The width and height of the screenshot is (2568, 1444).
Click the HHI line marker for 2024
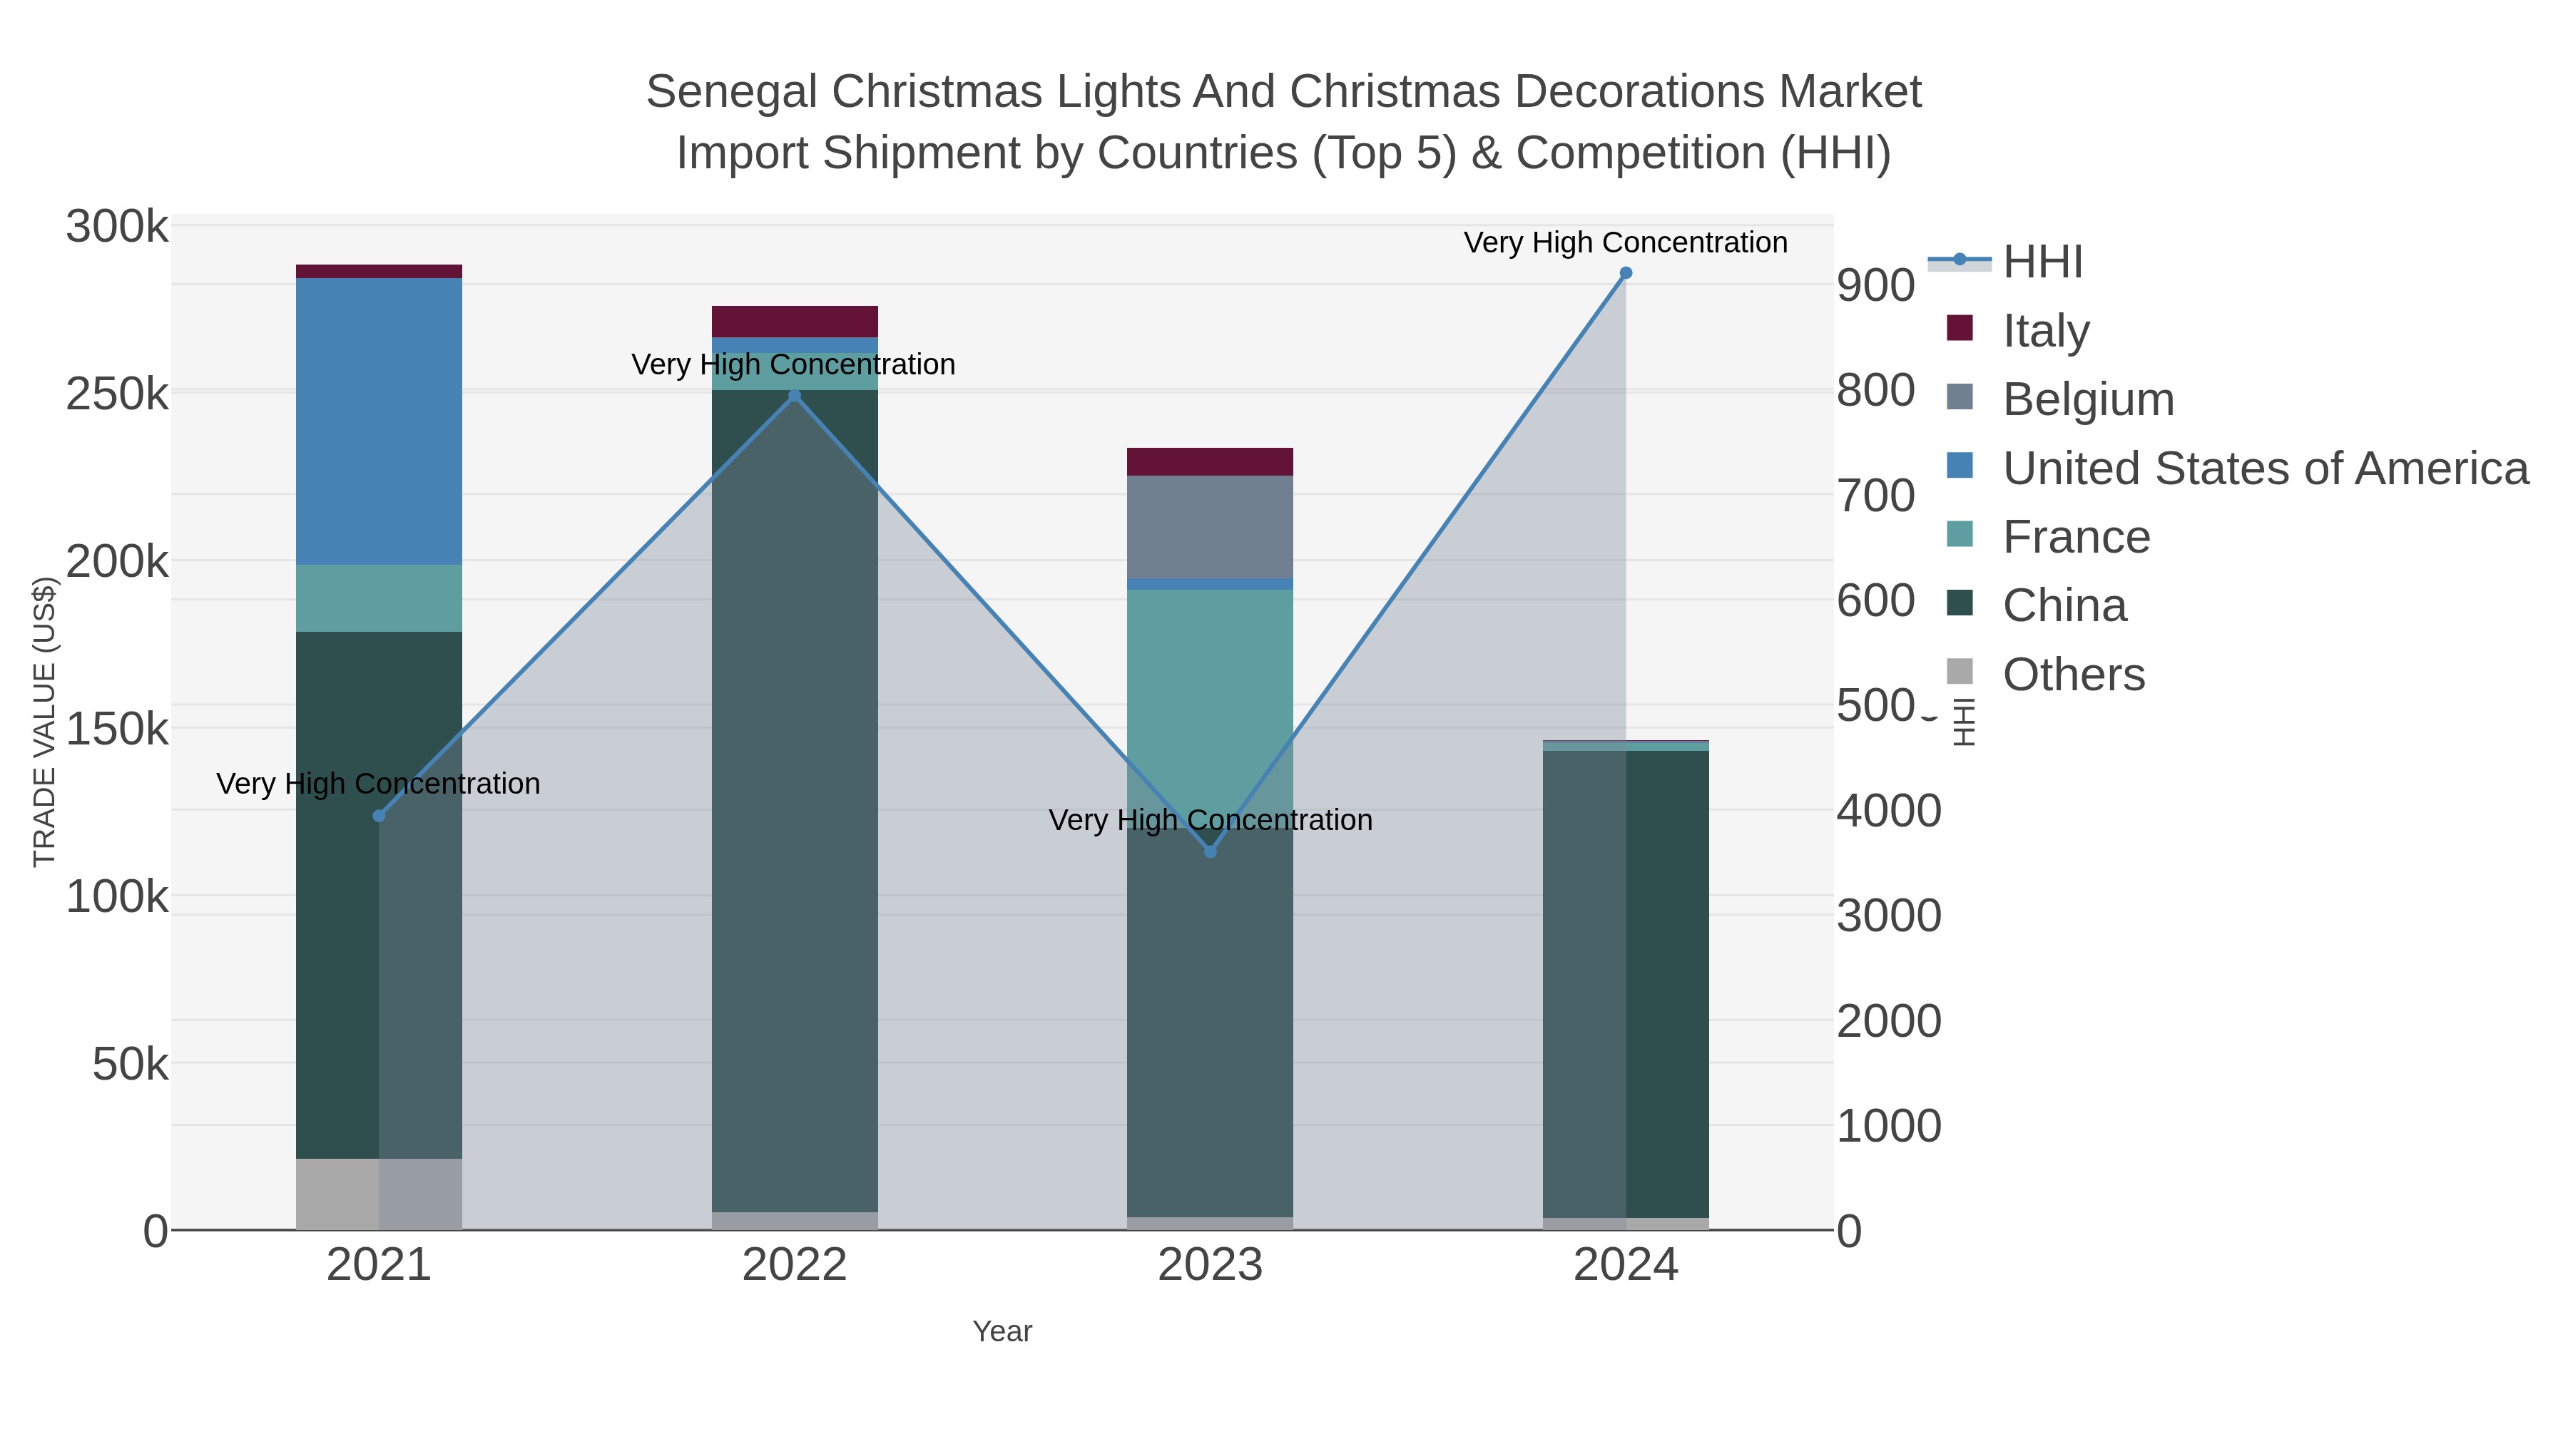pyautogui.click(x=1626, y=273)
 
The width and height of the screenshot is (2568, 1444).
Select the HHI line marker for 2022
pyautogui.click(x=795, y=396)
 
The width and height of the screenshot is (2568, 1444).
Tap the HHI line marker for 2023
pyautogui.click(x=1211, y=851)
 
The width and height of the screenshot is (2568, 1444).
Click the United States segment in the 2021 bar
pyautogui.click(x=379, y=421)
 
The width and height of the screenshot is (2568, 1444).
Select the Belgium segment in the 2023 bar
pyautogui.click(x=1211, y=526)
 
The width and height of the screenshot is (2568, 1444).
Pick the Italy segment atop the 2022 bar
pyautogui.click(x=795, y=321)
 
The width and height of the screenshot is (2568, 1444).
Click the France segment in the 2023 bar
pyautogui.click(x=1211, y=677)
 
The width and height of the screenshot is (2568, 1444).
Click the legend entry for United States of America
pyautogui.click(x=2265, y=468)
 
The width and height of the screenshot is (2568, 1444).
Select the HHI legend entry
pyautogui.click(x=2042, y=262)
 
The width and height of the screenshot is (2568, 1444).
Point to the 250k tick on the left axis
pyautogui.click(x=117, y=394)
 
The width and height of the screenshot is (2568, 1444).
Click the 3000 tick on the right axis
pyautogui.click(x=1888, y=916)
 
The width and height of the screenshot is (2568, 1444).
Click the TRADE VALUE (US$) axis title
pyautogui.click(x=45, y=722)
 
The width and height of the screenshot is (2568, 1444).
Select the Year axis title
pyautogui.click(x=1002, y=1331)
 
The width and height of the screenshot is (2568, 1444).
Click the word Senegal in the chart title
pyautogui.click(x=732, y=92)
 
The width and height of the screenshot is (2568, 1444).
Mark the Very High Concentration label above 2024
pyautogui.click(x=1625, y=242)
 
